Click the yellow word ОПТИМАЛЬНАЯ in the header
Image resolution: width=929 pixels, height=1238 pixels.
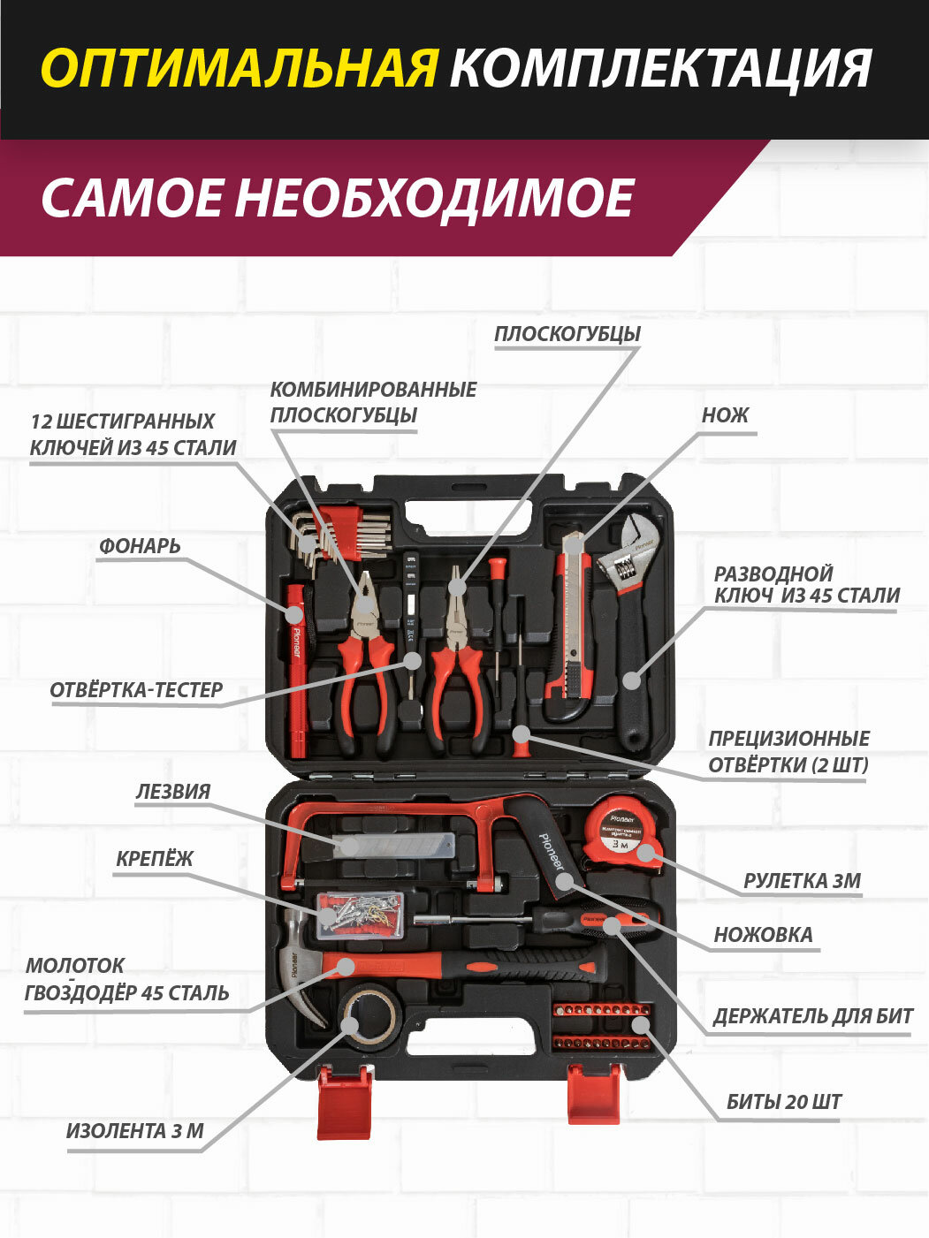239,68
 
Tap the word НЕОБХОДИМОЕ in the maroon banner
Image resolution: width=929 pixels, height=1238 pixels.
434,197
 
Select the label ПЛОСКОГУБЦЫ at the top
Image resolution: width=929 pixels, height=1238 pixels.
567,334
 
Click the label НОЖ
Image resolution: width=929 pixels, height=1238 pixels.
725,415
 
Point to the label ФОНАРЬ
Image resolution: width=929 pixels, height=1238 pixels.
140,546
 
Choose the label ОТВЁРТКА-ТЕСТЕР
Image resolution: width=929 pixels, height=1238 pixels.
136,690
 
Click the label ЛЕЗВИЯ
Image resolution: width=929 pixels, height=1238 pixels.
173,792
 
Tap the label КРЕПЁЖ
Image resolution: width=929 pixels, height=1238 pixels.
155,859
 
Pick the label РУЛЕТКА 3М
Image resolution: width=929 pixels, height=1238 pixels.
802,880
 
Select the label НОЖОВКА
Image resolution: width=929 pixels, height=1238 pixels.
763,935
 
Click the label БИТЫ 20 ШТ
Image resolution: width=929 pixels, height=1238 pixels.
784,1102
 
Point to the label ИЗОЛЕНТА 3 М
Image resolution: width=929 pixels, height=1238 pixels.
135,1131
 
